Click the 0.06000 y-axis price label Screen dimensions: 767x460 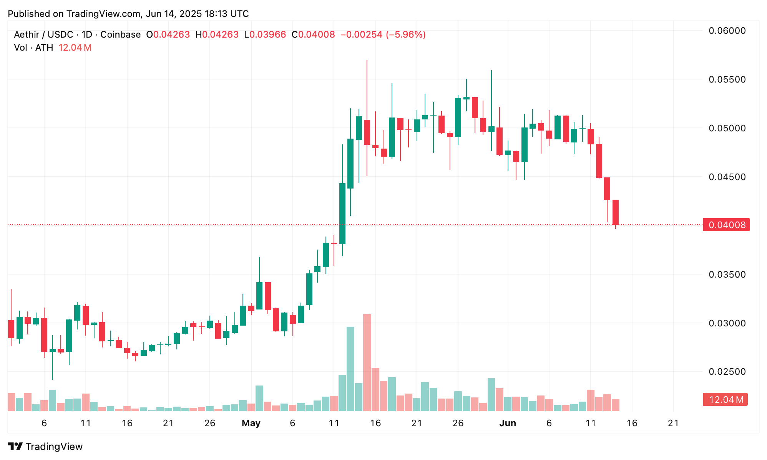click(x=727, y=31)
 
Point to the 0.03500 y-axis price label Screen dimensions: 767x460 click(x=727, y=274)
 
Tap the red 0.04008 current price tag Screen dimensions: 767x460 click(x=726, y=225)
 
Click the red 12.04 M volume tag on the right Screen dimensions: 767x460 click(x=725, y=400)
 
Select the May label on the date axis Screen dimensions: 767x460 click(x=251, y=423)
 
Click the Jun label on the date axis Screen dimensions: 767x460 click(x=507, y=423)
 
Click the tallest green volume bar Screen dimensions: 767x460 click(x=350, y=369)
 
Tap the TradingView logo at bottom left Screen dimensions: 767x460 click(x=45, y=447)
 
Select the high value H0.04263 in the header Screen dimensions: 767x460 click(x=217, y=35)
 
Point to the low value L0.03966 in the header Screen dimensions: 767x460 click(x=265, y=35)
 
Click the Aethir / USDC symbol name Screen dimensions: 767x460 click(x=43, y=35)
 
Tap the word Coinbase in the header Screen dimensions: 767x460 click(x=120, y=35)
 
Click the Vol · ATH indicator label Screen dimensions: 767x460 click(x=33, y=48)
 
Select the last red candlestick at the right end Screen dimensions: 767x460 click(x=616, y=212)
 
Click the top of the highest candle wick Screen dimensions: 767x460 click(x=367, y=61)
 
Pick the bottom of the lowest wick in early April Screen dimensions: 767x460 click(x=53, y=379)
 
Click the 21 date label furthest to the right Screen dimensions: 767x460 click(x=673, y=423)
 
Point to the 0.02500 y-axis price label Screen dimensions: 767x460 click(x=727, y=371)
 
